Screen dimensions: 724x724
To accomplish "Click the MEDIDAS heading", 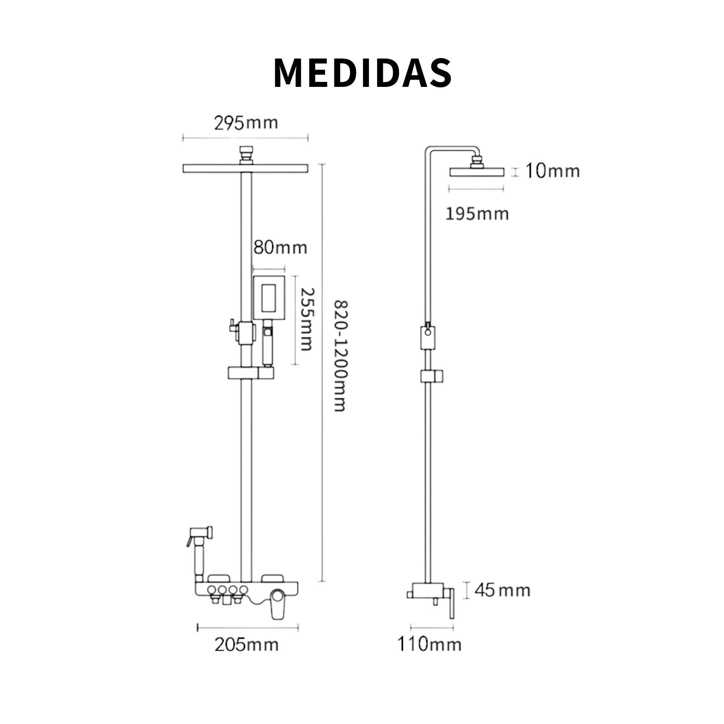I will (x=362, y=73).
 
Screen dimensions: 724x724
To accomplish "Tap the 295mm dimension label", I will (x=246, y=123).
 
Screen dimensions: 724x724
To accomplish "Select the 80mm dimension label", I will (x=280, y=248).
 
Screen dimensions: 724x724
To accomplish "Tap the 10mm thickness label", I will (x=552, y=171).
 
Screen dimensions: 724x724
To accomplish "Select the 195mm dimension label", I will (x=477, y=214).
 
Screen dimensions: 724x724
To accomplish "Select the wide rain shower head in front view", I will (x=246, y=169).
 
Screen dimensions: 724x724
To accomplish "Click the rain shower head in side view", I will (x=477, y=172).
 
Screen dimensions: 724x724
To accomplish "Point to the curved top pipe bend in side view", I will (x=431, y=150).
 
